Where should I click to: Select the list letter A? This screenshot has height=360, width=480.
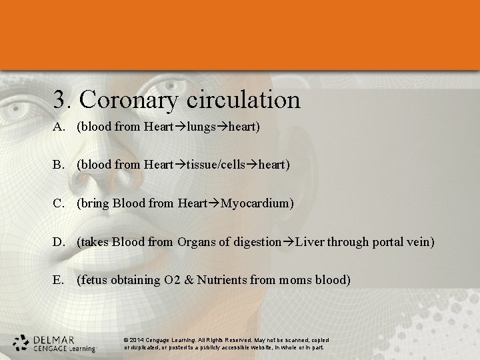tap(59, 125)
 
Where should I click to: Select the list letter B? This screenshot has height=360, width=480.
tap(59, 164)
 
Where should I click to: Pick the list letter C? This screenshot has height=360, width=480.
tap(59, 203)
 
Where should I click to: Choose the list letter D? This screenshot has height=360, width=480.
tap(59, 241)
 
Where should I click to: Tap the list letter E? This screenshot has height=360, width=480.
tap(59, 280)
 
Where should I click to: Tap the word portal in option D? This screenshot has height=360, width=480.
tap(387, 242)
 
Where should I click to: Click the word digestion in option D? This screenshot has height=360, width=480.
tap(257, 242)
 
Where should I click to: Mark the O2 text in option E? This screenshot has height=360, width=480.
tap(171, 280)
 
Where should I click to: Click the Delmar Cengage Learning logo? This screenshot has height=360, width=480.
tap(54, 343)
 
